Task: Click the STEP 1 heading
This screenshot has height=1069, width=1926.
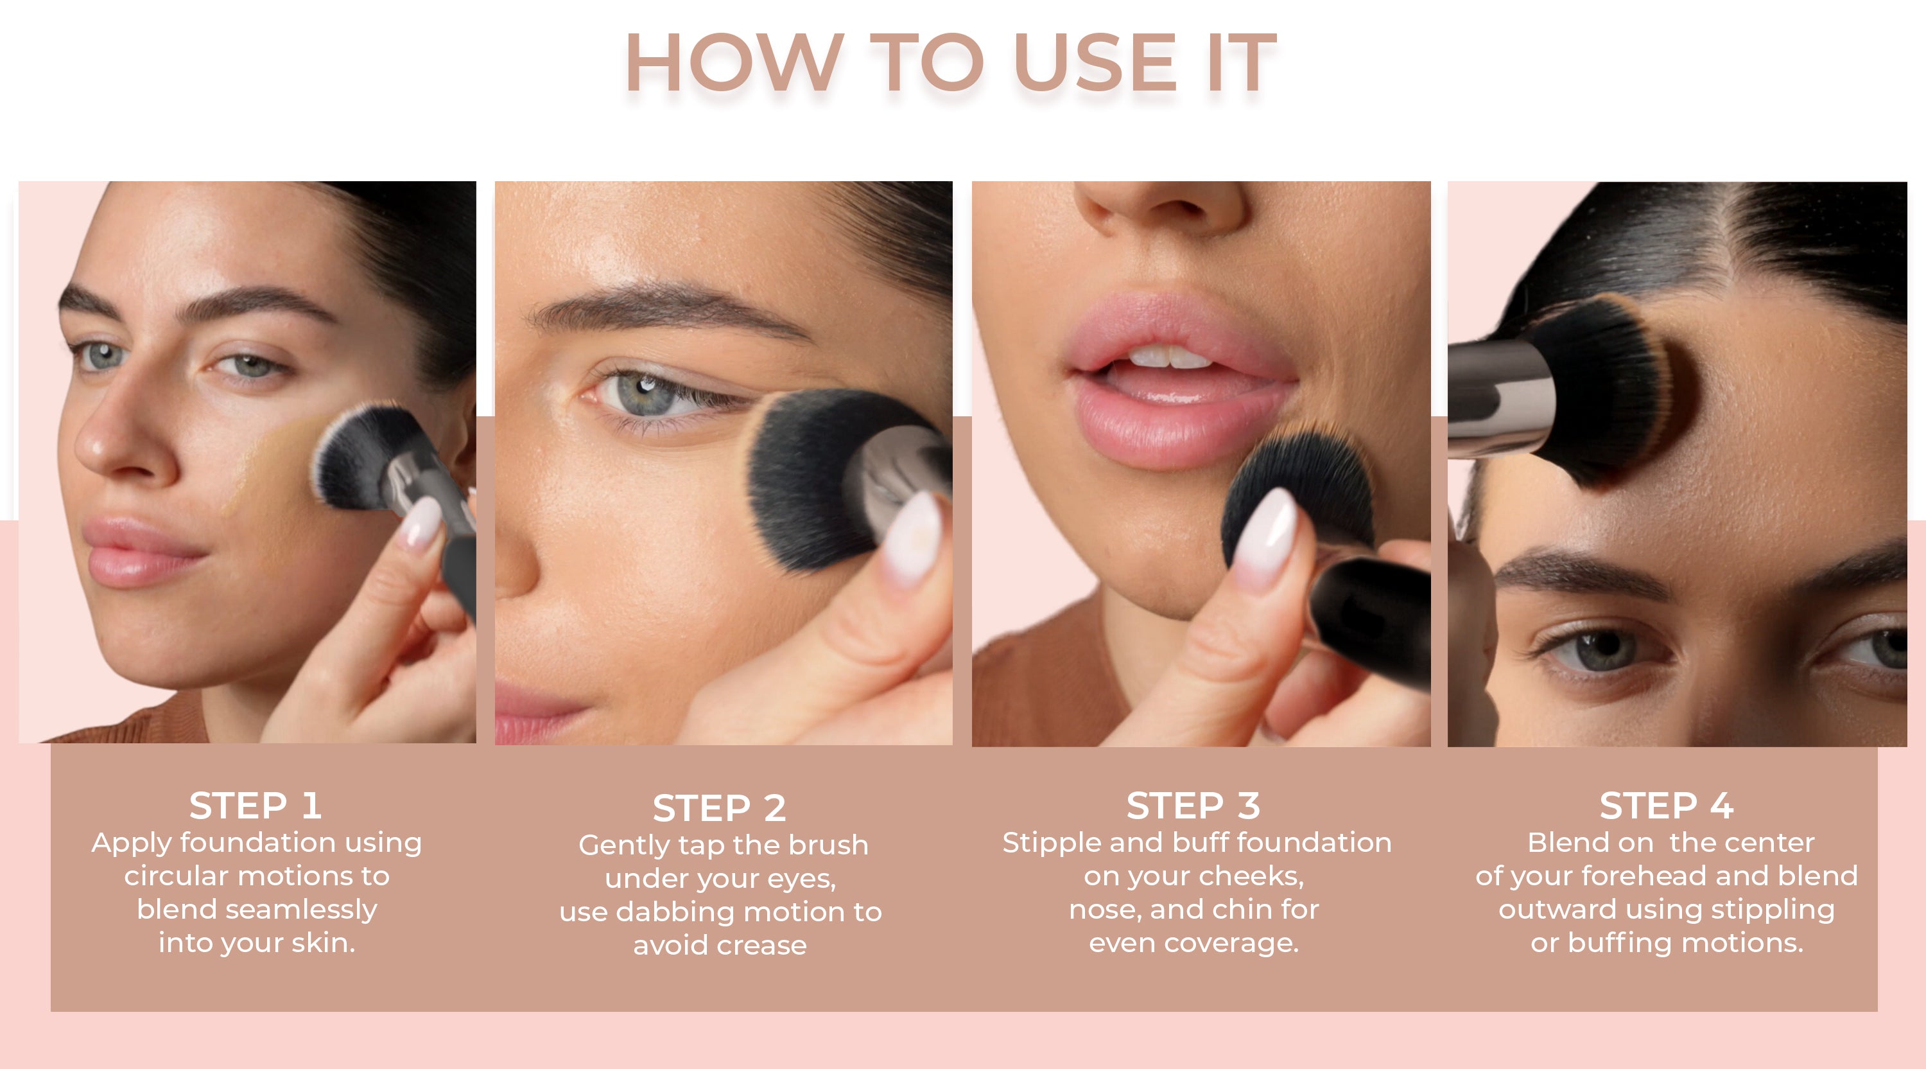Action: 256,806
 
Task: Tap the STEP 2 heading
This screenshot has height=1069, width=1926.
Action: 719,808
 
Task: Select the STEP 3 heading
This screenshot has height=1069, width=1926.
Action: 1193,806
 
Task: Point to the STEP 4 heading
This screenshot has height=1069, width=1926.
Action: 1667,806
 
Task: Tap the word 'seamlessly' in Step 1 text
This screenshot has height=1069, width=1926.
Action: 301,910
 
